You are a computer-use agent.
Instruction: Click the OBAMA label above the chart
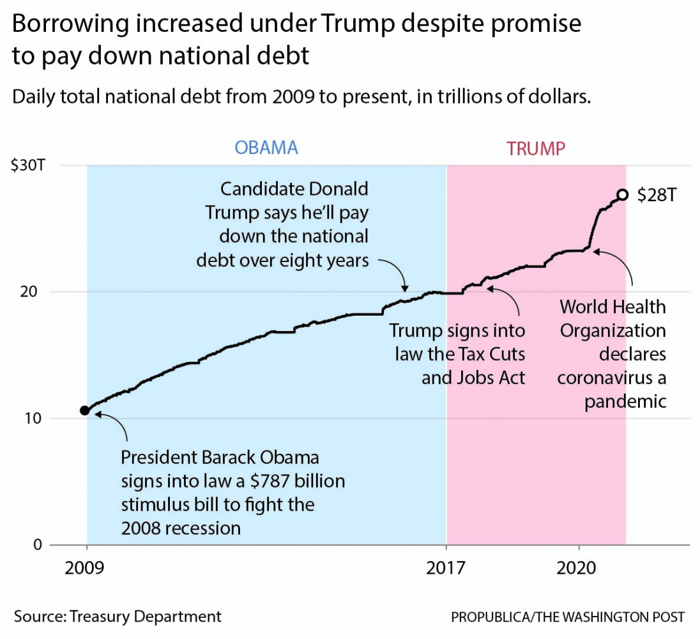pos(266,148)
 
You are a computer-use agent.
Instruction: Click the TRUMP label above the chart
pos(536,149)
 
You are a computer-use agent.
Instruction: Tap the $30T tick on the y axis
pos(27,166)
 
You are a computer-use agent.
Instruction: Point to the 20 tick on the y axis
pos(36,292)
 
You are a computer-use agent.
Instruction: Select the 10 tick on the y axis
pos(36,419)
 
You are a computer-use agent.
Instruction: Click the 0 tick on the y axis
pos(38,545)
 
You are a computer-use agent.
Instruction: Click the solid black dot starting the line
pos(84,410)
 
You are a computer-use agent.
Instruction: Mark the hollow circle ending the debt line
pos(622,195)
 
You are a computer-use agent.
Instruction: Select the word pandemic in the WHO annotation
pos(625,401)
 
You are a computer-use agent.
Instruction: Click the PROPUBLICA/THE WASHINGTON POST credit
pos(567,617)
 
